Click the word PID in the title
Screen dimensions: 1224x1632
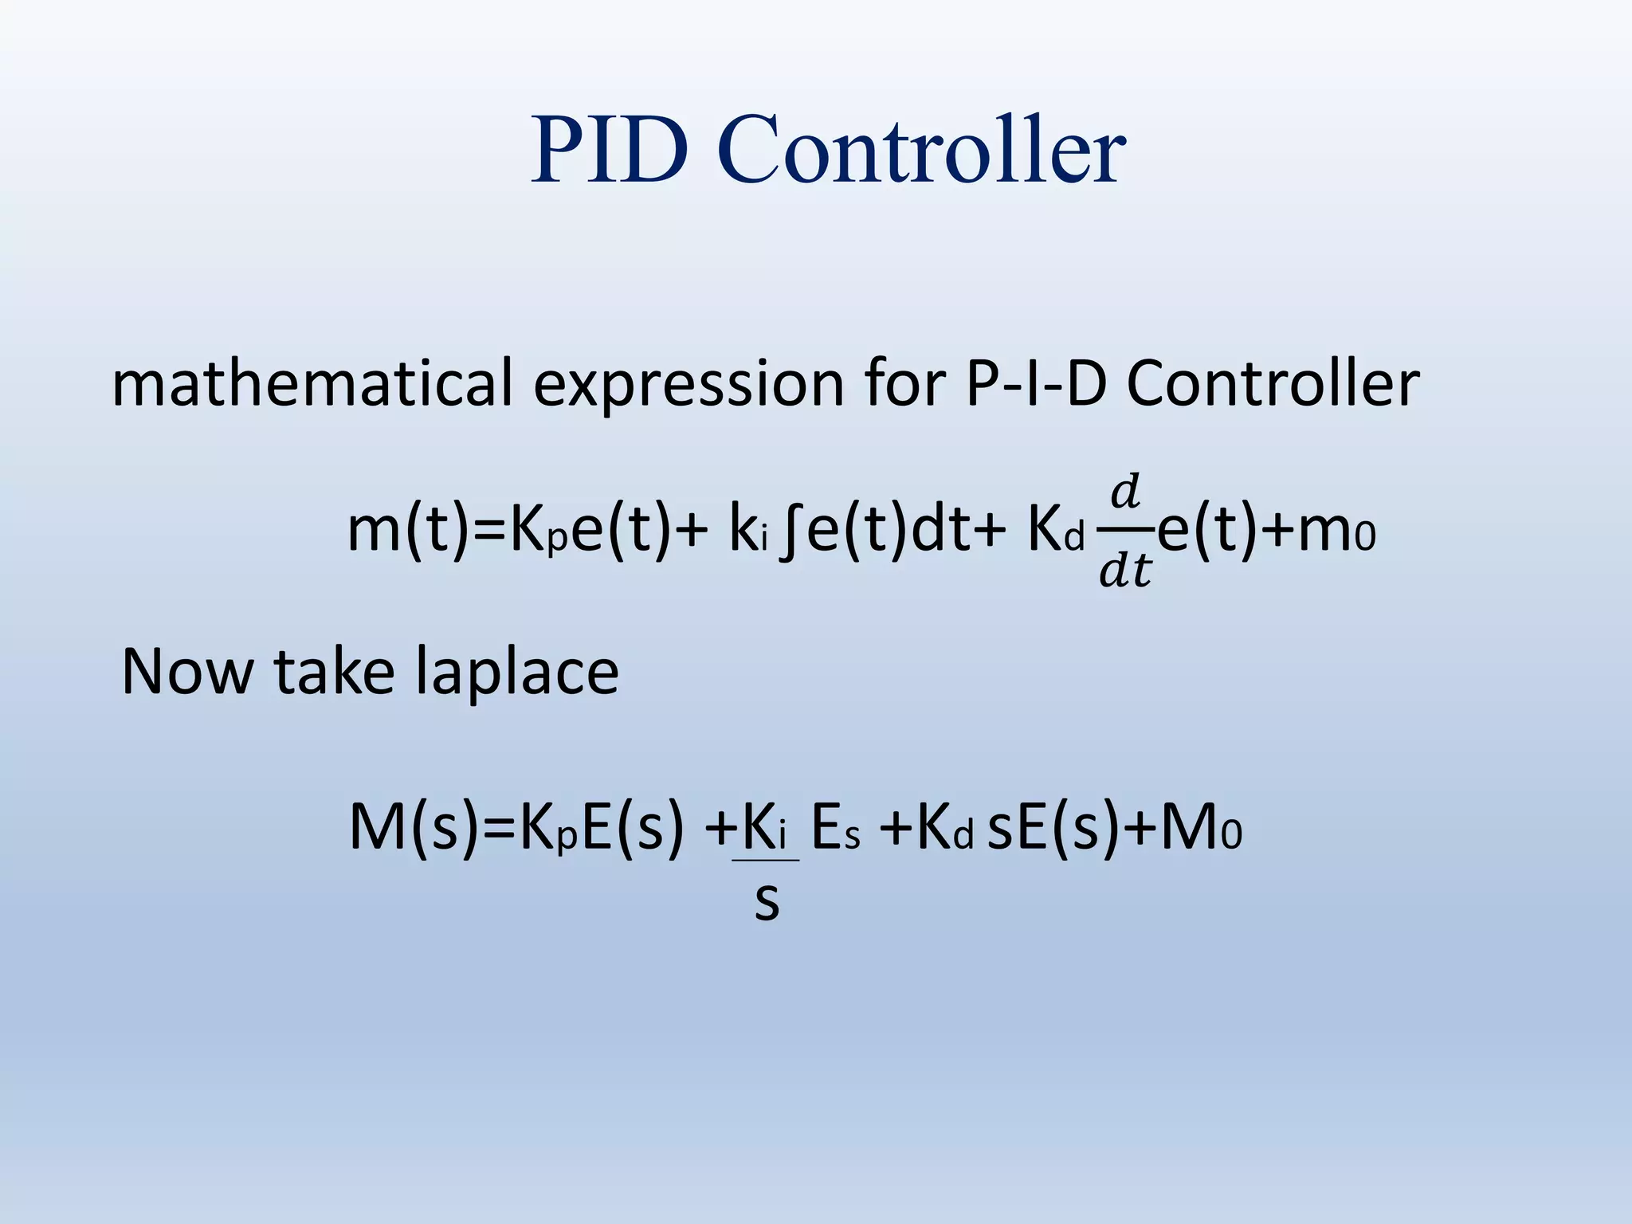(610, 150)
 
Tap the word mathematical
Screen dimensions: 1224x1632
(311, 383)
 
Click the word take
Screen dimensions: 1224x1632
(334, 672)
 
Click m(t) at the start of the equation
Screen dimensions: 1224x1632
(408, 531)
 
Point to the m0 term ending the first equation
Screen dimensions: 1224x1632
(1336, 532)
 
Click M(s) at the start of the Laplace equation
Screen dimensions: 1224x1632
(414, 828)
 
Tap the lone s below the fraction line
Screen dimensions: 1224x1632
(766, 902)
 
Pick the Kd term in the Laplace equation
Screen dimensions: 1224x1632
(944, 829)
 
